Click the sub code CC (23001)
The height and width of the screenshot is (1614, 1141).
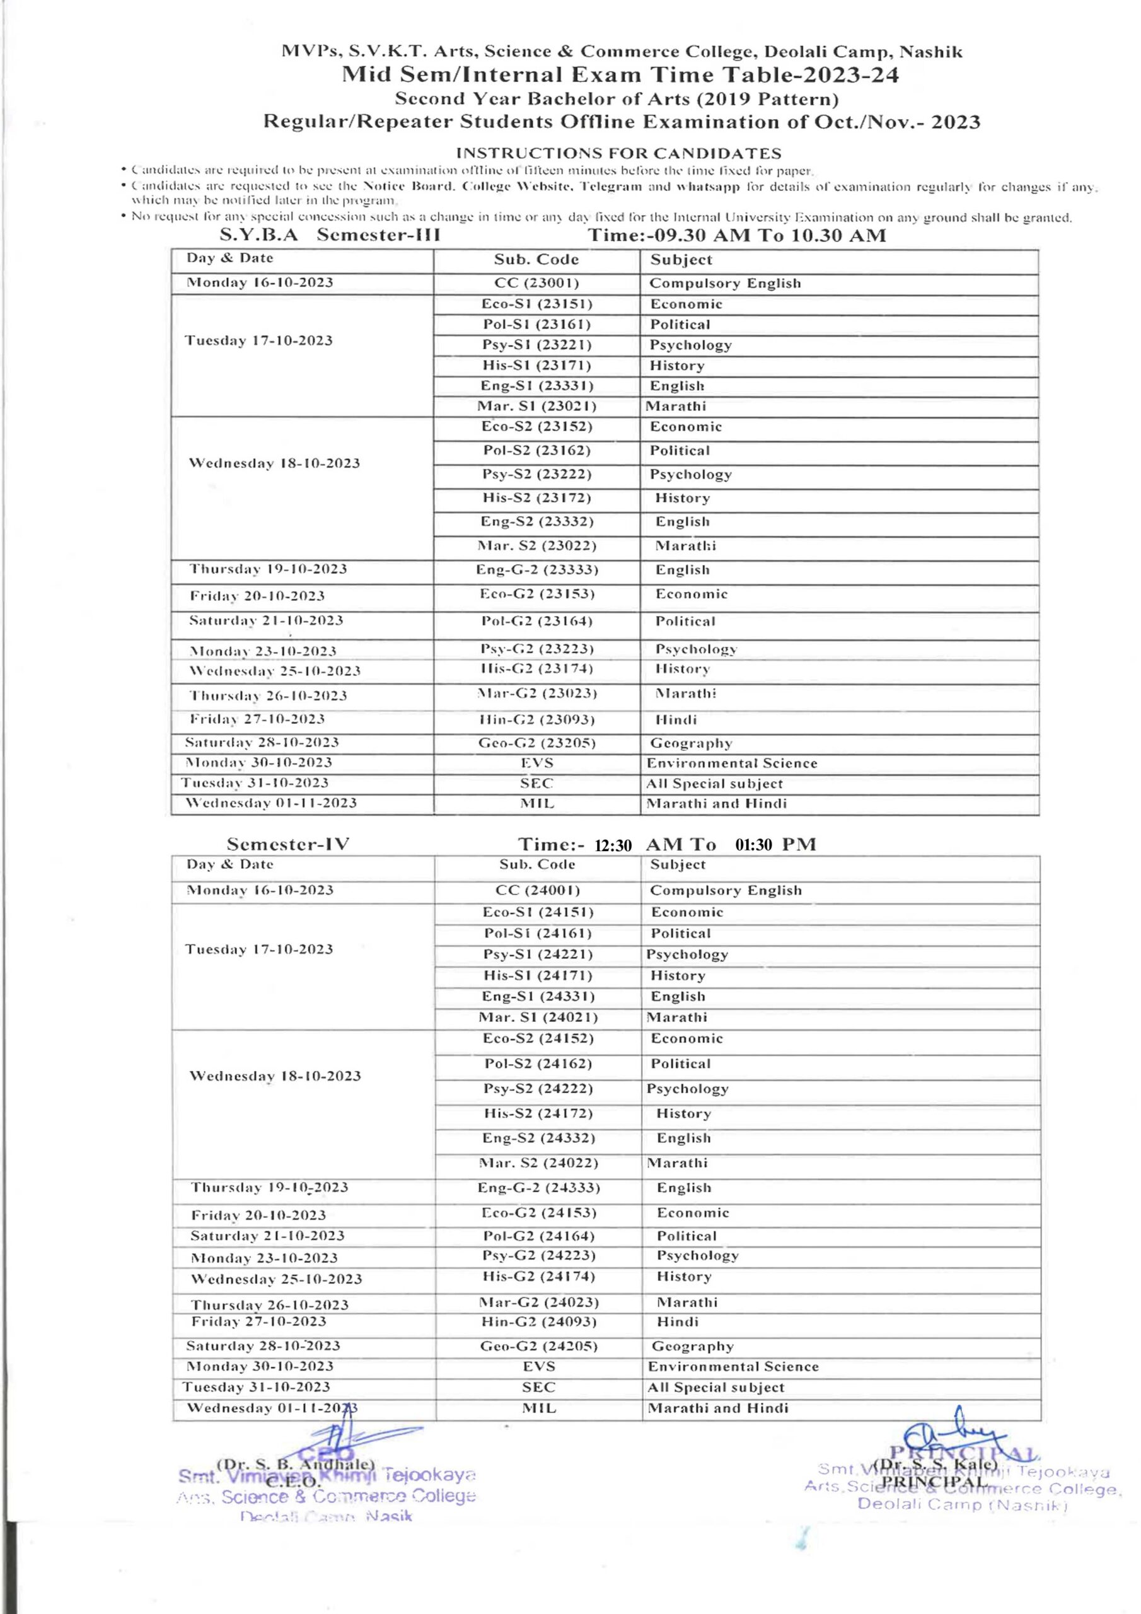pos(536,282)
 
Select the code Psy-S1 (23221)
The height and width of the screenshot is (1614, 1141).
pos(536,344)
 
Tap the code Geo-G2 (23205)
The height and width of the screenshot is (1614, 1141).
pos(536,743)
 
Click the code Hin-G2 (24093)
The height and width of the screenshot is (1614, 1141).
pos(538,1321)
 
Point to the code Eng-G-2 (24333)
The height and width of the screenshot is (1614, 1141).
pos(538,1187)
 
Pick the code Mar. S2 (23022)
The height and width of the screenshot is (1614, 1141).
pos(536,545)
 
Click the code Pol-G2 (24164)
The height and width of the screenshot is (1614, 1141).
pos(538,1236)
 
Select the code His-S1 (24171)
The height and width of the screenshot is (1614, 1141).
pos(538,975)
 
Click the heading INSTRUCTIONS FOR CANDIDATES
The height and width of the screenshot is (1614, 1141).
pos(618,153)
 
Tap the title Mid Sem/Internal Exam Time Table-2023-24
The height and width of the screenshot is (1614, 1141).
pos(620,74)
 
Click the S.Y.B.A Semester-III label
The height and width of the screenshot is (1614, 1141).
pos(330,235)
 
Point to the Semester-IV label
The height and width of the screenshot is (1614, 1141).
pos(287,844)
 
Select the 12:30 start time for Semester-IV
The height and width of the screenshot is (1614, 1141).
pos(613,845)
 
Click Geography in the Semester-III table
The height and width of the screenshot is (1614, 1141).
pos(691,743)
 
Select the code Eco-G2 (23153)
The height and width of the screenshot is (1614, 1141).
pos(536,594)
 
